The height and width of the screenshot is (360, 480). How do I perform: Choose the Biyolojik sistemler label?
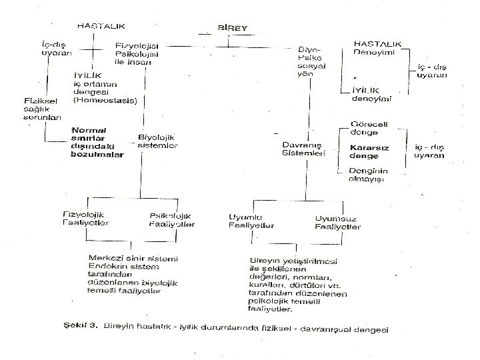[157, 141]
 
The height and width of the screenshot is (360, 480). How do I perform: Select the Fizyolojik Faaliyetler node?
[86, 219]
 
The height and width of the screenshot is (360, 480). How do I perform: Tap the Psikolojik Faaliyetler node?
[171, 219]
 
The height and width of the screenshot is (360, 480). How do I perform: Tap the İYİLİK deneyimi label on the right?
[371, 94]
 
